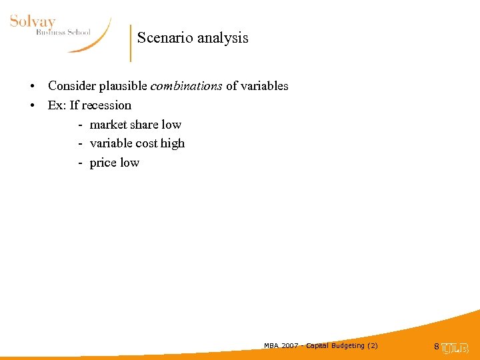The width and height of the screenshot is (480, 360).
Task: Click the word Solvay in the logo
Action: [33, 21]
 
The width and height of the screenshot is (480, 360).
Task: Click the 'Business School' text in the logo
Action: [63, 32]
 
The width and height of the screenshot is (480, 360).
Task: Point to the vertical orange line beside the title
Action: [131, 43]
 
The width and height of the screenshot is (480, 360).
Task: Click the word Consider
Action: [73, 86]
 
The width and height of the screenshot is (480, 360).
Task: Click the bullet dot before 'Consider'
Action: [32, 87]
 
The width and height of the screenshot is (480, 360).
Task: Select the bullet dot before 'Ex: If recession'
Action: [32, 106]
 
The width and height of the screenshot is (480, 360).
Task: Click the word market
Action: [108, 125]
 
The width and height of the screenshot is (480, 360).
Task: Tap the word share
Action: [144, 125]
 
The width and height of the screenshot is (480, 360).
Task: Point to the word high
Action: [172, 143]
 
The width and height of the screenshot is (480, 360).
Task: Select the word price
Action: [102, 163]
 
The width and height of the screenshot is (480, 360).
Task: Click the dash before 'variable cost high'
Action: [80, 143]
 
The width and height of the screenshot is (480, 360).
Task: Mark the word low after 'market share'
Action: [171, 125]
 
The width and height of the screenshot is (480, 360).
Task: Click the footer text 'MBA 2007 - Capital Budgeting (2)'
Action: [321, 345]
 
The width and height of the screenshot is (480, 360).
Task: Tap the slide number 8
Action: [437, 347]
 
